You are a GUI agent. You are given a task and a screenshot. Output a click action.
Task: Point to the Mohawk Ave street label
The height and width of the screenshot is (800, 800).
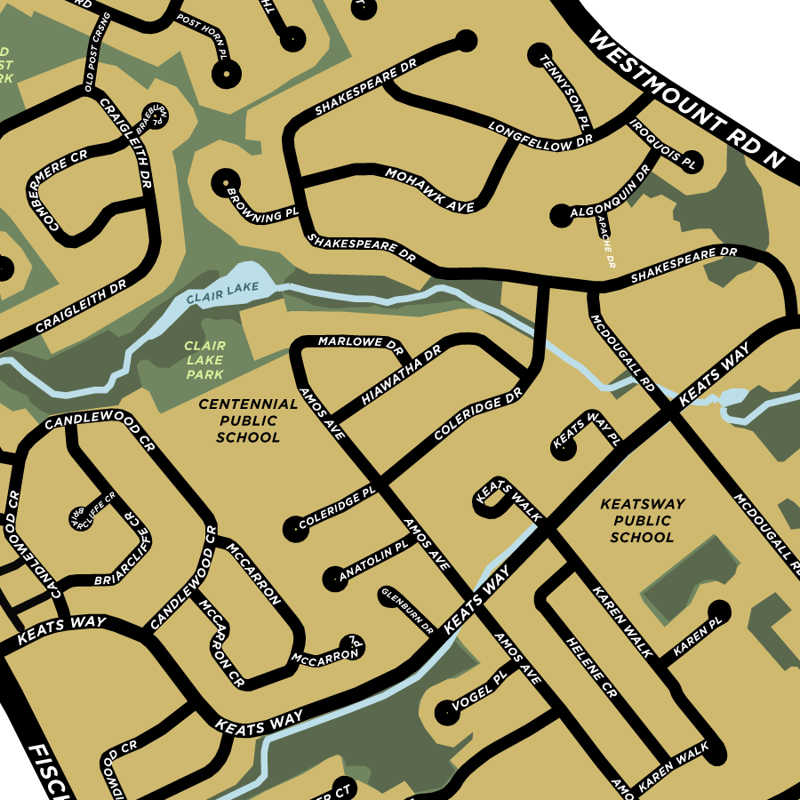(x=428, y=188)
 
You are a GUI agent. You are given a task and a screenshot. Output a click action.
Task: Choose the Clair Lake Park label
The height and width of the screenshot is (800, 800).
(x=204, y=360)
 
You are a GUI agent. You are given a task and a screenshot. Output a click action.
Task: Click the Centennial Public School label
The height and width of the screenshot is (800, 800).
(x=248, y=420)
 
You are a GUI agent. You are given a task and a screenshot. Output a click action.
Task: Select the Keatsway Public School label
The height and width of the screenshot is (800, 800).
(x=643, y=520)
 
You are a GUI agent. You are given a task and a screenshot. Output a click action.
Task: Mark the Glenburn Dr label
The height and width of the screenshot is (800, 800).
(x=406, y=610)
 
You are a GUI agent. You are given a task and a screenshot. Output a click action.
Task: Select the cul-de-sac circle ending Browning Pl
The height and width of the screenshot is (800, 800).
(x=222, y=180)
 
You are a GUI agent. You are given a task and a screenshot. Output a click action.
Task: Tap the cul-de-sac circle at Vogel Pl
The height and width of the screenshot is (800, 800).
(x=444, y=711)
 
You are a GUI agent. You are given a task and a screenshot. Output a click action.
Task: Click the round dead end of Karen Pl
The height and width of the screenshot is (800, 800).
(x=718, y=611)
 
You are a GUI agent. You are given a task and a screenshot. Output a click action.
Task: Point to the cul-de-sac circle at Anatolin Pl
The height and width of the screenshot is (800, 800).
(x=332, y=578)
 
